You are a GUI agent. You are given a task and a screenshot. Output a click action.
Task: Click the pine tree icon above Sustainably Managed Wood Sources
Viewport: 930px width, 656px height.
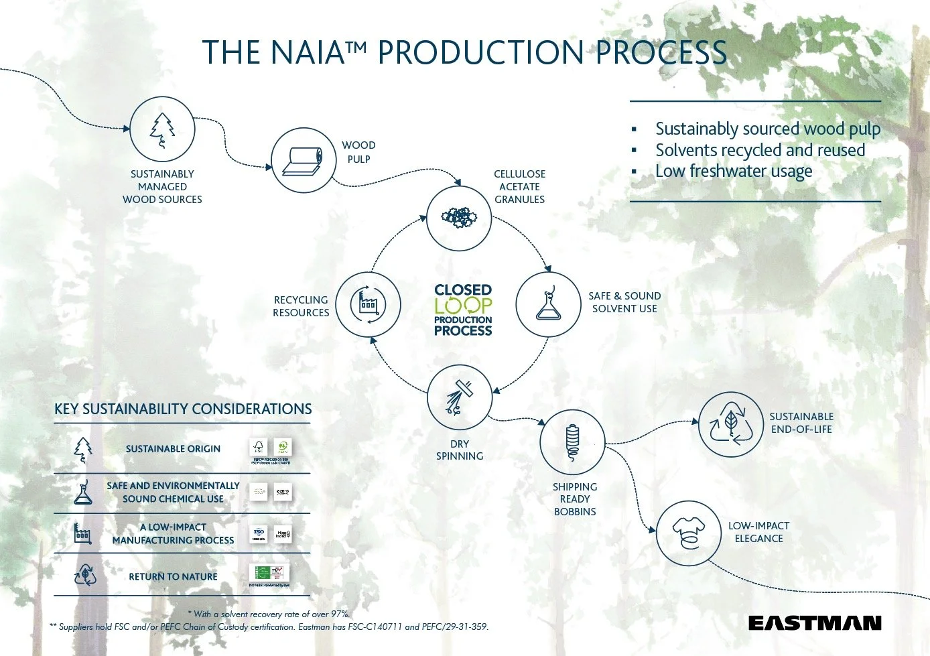point(162,130)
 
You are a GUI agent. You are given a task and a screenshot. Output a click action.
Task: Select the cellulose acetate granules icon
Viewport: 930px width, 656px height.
point(459,218)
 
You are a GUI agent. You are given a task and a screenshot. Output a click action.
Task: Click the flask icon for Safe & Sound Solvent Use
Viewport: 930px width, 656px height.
point(548,304)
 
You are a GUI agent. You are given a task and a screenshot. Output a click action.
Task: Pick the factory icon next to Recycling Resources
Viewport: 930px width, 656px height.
point(368,305)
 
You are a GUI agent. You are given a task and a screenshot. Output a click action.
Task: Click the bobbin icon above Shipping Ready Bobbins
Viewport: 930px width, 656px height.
point(572,442)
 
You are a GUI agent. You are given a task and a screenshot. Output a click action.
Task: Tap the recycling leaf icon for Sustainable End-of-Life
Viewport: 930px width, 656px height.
point(731,425)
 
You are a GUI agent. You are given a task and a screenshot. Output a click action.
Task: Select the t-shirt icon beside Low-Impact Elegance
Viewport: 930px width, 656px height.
point(689,534)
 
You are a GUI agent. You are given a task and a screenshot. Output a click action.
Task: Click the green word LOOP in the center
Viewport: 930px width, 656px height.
point(463,306)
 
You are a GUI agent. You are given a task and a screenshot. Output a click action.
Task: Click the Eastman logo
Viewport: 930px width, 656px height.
point(814,623)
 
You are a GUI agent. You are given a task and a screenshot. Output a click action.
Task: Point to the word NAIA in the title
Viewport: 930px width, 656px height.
point(307,53)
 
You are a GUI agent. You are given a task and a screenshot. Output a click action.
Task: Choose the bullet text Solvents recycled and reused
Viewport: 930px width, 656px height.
point(760,150)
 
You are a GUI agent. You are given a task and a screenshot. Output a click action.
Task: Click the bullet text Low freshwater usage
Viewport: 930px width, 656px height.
point(733,172)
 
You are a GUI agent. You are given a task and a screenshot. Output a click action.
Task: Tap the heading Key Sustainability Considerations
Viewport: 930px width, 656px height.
point(183,409)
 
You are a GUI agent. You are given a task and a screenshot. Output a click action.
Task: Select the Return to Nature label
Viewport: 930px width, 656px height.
point(173,576)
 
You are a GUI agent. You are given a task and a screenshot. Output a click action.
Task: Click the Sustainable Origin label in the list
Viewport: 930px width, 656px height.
point(173,449)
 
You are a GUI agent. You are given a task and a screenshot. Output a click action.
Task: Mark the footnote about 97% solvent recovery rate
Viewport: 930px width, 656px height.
point(269,614)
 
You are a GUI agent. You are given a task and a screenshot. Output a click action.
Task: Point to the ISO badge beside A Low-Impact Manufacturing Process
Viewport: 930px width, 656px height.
point(259,534)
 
